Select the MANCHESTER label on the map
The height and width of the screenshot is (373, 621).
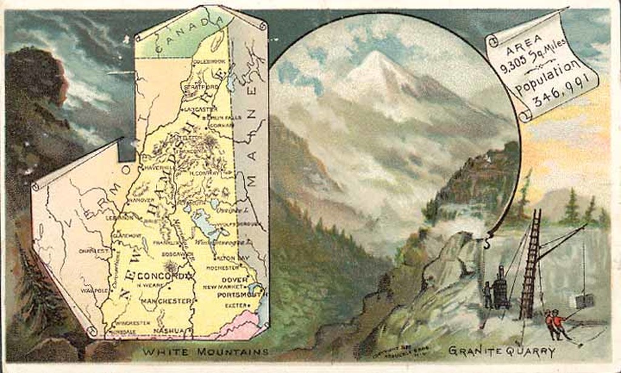(x=167, y=301)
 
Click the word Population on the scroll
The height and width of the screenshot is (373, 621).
(x=547, y=78)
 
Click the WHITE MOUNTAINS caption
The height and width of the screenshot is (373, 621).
(x=205, y=352)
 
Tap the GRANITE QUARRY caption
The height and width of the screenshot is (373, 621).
(x=502, y=350)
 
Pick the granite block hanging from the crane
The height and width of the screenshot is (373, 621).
(x=584, y=301)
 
